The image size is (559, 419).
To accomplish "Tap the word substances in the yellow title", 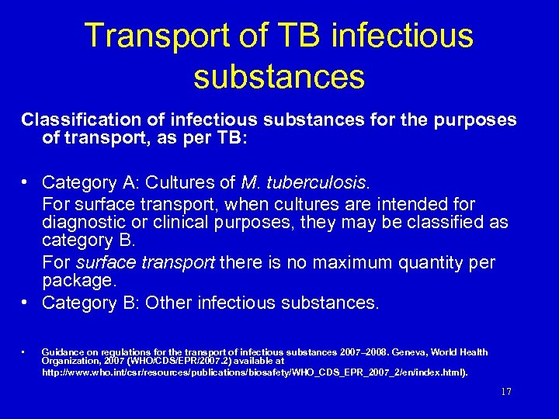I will point(279,76).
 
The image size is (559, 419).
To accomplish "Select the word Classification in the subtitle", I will point(75,120).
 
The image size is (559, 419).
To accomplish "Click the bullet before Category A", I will point(26,182).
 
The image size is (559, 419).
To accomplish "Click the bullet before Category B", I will point(26,303).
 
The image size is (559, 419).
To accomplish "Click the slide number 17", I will point(506,392).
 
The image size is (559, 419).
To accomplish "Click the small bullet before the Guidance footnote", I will point(25,352).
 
